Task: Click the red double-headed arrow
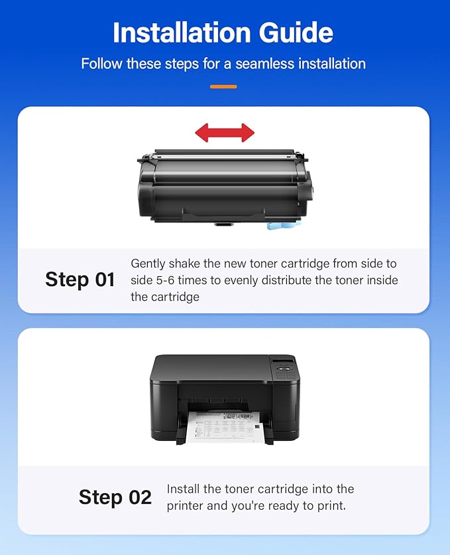tap(225, 132)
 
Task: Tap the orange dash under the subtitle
tap(223, 86)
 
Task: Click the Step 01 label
tap(80, 279)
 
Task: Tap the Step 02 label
tap(115, 497)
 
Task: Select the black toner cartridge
tap(223, 188)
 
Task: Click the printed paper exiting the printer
tap(226, 425)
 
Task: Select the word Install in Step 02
tap(184, 489)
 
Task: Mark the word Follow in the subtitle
tap(100, 64)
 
